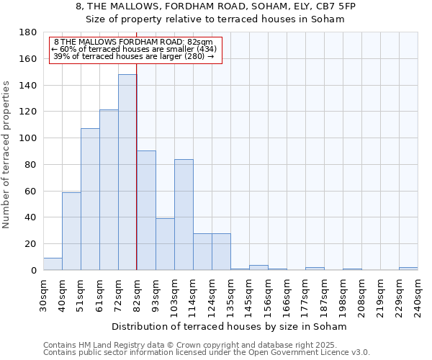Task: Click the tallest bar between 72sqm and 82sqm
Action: (x=127, y=173)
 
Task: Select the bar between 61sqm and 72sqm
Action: (x=109, y=190)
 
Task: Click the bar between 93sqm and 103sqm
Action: (x=165, y=244)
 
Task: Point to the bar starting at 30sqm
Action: (x=53, y=264)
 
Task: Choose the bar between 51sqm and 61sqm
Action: (x=90, y=199)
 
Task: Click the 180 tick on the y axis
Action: (x=30, y=32)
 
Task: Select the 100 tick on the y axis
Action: (x=30, y=138)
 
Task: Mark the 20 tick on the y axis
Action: (x=32, y=244)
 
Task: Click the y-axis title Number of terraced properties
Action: (x=7, y=154)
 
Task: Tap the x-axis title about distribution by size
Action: (x=230, y=326)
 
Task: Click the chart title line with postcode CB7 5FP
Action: (x=215, y=6)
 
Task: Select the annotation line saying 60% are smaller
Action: (x=134, y=49)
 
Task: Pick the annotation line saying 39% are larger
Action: (x=134, y=56)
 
